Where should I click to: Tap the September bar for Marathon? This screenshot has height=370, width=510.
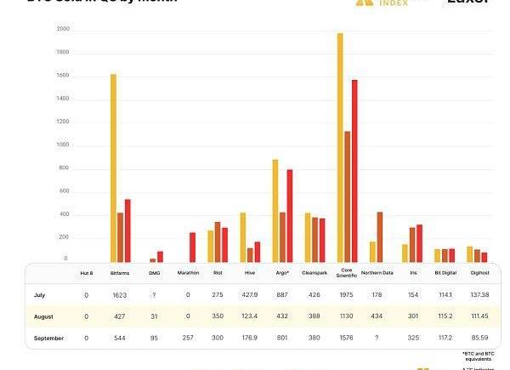192,247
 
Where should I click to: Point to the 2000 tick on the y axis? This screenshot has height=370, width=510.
63,29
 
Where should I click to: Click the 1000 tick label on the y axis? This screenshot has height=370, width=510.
63,145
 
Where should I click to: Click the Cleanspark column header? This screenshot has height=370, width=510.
314,273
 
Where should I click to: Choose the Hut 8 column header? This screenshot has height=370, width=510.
86,273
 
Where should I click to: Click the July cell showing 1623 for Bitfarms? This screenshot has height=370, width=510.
120,295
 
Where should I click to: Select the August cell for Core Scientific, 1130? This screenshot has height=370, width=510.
347,316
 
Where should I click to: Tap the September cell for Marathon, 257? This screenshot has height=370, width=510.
189,337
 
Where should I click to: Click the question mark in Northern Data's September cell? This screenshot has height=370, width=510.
377,337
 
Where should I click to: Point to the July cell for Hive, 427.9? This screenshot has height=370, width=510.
249,295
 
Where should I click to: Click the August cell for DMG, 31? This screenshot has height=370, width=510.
154,316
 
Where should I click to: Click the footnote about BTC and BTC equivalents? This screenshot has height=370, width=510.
479,355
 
